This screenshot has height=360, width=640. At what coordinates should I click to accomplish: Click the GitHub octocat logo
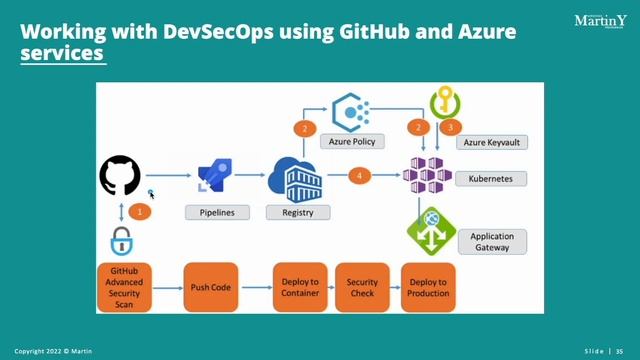122,177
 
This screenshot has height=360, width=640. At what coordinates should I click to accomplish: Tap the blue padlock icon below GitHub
122,241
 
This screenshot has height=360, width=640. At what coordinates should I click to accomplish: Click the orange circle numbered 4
359,176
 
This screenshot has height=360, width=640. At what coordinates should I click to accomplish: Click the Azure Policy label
352,142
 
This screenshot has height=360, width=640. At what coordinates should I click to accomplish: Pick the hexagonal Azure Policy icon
352,109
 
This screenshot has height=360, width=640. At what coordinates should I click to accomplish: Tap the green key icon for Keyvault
445,102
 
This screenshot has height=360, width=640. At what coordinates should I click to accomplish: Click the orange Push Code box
211,287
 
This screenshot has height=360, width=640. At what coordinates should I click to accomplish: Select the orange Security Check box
362,287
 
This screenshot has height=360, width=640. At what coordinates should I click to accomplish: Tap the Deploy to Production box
427,287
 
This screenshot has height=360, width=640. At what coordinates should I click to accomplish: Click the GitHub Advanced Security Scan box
125,287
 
